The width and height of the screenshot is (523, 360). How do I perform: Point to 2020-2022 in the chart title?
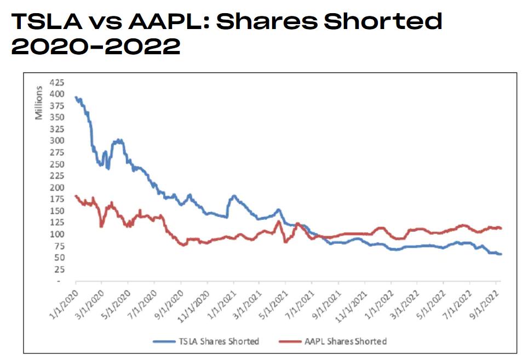(x=95, y=47)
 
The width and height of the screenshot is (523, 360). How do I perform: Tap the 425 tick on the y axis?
(x=57, y=82)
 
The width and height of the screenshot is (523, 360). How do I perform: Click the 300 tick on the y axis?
(x=57, y=140)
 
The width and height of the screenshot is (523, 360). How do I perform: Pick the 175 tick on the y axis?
(x=57, y=199)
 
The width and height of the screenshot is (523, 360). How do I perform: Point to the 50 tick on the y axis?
(x=59, y=257)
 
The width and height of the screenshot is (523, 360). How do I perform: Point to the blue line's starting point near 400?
(x=76, y=98)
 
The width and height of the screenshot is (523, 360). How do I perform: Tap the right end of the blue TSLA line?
(x=501, y=254)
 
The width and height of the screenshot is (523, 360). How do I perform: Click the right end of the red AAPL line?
(x=501, y=228)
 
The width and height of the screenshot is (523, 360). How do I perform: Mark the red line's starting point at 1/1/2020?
(x=76, y=196)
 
